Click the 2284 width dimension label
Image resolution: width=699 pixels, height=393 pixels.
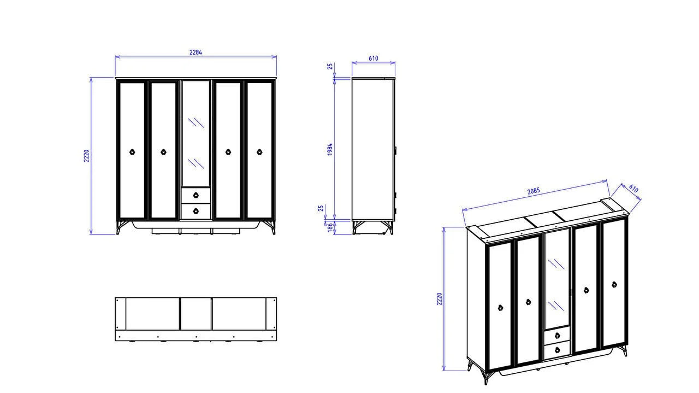click(x=196, y=52)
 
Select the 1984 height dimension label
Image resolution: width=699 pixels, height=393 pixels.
click(x=330, y=149)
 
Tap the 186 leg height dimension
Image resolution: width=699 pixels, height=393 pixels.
click(x=330, y=227)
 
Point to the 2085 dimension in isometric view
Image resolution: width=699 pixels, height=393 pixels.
click(x=534, y=191)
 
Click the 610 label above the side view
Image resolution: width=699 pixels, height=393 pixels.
click(x=373, y=58)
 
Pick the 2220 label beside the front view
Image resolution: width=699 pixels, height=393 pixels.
click(x=86, y=156)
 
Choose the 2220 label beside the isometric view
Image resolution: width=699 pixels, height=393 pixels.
click(x=440, y=298)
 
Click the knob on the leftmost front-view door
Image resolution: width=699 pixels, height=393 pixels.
click(x=132, y=152)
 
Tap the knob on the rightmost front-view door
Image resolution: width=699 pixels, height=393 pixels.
click(x=259, y=152)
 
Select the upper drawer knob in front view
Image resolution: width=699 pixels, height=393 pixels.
click(x=196, y=195)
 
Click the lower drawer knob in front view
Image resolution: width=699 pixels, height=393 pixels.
click(x=196, y=211)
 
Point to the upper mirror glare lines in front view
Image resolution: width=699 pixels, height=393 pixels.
click(x=196, y=122)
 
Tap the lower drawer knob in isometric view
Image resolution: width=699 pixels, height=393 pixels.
click(x=558, y=349)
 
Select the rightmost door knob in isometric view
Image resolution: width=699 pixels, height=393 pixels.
click(x=614, y=284)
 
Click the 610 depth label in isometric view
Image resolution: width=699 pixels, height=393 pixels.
click(x=633, y=189)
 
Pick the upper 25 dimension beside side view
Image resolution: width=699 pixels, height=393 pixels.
click(x=330, y=66)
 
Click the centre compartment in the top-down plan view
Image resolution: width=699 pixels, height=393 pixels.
click(x=196, y=314)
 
